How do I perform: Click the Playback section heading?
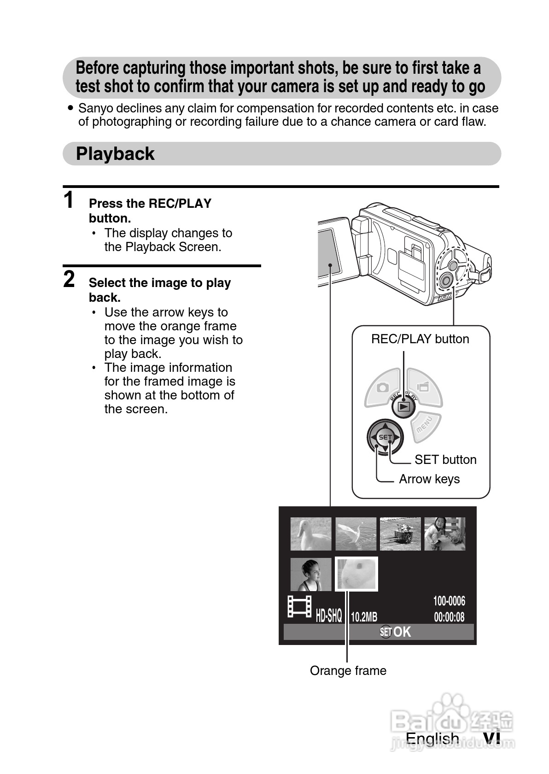(115, 154)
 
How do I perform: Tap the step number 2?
(69, 279)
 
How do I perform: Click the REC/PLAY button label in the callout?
(420, 339)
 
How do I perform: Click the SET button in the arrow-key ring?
(385, 437)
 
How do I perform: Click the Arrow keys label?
(429, 479)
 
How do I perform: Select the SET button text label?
(445, 460)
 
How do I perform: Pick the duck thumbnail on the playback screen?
(311, 534)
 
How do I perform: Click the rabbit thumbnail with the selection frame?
(356, 574)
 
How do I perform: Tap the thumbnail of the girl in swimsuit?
(311, 574)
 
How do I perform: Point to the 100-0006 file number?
(449, 601)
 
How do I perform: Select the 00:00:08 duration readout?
(449, 617)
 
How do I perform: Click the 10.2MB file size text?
(364, 617)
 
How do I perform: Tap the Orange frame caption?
(348, 671)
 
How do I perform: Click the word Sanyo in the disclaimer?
(95, 108)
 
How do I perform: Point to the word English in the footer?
(432, 739)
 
